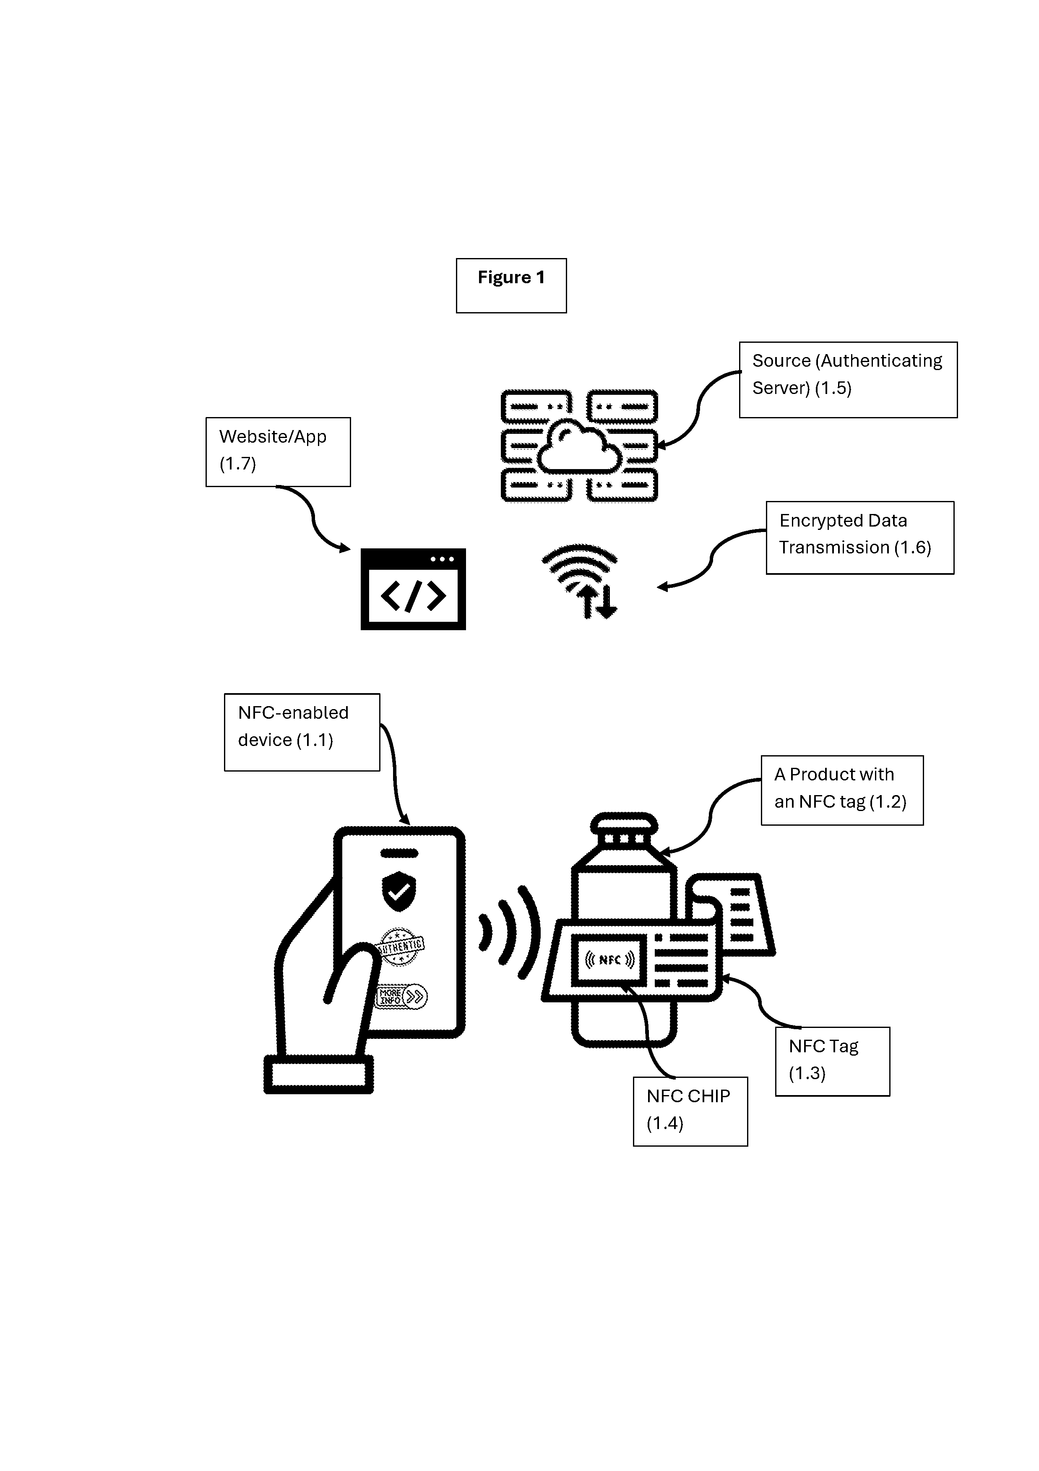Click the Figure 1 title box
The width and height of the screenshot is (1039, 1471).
[511, 286]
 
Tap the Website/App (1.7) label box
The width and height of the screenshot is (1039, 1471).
[278, 452]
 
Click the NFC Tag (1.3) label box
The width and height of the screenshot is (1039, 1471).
[832, 1061]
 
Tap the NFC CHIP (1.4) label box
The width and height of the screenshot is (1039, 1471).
[690, 1111]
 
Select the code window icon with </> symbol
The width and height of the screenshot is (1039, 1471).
[413, 589]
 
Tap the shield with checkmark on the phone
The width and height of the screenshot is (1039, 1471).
[399, 891]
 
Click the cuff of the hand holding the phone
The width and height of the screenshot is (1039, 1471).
[318, 1075]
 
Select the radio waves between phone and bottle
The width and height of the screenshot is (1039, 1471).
[510, 932]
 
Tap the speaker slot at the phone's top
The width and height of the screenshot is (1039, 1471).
[399, 853]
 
